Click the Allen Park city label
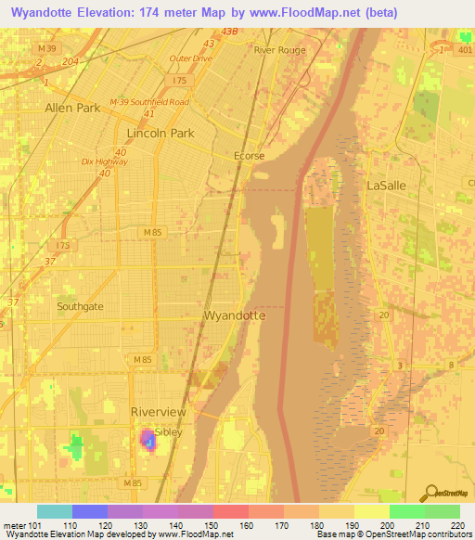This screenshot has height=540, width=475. pyautogui.click(x=72, y=109)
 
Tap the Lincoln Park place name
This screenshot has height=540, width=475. pyautogui.click(x=160, y=134)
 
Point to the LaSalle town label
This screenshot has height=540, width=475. pyautogui.click(x=387, y=186)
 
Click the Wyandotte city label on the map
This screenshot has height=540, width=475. pyautogui.click(x=235, y=315)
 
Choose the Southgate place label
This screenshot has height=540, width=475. pyautogui.click(x=80, y=305)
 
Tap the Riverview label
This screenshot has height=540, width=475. pyautogui.click(x=159, y=412)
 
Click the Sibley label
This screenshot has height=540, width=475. pyautogui.click(x=169, y=432)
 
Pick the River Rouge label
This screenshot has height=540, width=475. pyautogui.click(x=279, y=51)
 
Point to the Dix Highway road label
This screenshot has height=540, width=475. pyautogui.click(x=104, y=161)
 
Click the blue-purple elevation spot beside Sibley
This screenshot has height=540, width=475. pyautogui.click(x=148, y=439)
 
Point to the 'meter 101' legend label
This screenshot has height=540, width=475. pyautogui.click(x=19, y=526)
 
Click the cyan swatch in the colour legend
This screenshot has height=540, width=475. pyautogui.click(x=55, y=511)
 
